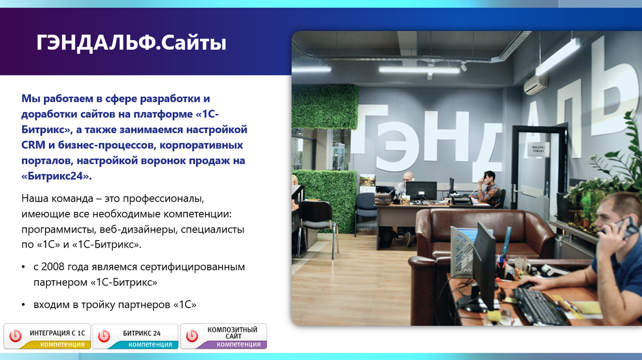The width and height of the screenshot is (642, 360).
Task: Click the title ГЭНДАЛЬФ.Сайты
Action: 131,43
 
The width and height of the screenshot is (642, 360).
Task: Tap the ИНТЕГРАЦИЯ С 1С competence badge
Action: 47,336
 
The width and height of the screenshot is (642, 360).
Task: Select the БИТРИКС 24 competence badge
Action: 135,336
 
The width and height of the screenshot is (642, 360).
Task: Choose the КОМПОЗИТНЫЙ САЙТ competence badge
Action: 224,336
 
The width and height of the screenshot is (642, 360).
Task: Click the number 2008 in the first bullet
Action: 53,267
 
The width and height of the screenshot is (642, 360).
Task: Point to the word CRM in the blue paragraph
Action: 33,145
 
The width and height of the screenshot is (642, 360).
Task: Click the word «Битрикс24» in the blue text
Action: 57,176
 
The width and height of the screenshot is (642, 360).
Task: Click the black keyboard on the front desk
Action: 539,306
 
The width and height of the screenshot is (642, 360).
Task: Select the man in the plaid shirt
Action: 489,189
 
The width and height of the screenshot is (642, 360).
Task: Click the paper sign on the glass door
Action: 538,150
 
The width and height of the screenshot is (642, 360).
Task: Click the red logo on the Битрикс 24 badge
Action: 104,336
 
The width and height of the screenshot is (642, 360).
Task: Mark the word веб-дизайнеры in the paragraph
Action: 139,229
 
